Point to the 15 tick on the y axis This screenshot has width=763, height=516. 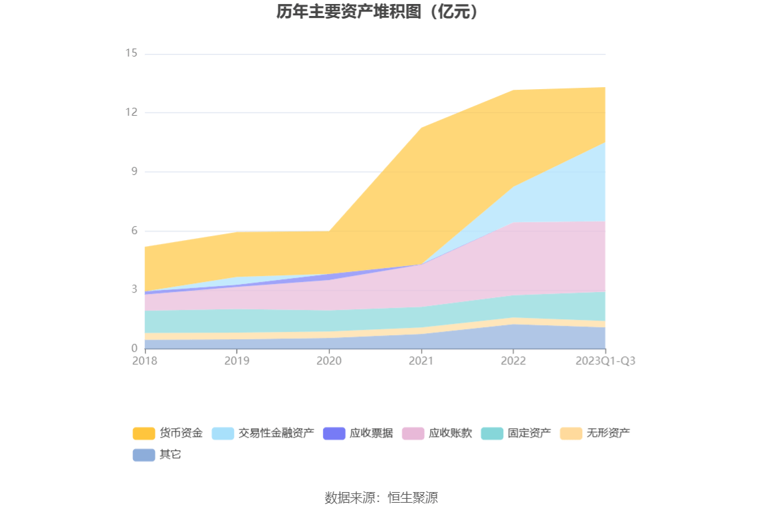click(131, 53)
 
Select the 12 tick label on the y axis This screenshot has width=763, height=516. click(131, 112)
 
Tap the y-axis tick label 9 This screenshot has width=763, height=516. click(134, 172)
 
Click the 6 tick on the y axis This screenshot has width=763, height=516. click(134, 231)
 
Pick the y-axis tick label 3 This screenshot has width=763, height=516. click(134, 290)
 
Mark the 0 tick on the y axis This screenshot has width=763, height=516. click(134, 348)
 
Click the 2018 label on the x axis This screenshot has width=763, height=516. click(145, 361)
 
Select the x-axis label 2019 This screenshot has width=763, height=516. click(237, 361)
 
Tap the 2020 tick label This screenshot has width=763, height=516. click(329, 361)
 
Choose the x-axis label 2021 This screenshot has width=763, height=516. click(421, 361)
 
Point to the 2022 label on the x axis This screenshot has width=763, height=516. click(513, 361)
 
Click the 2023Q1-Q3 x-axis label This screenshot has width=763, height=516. click(605, 361)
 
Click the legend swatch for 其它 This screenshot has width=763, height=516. click(144, 455)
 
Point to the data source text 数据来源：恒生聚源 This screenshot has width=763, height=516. click(381, 497)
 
